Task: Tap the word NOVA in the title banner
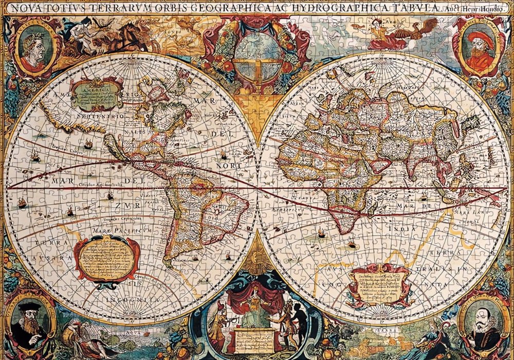click(x=23, y=8)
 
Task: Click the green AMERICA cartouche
click(x=96, y=95)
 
